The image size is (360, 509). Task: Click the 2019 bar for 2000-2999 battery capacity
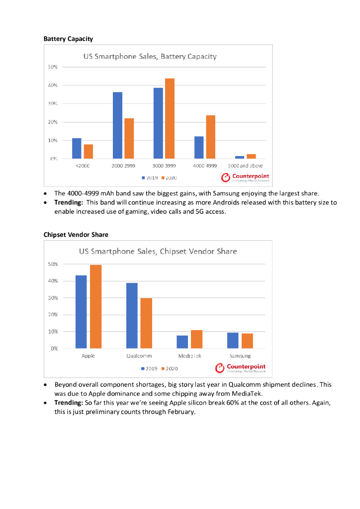point(117,125)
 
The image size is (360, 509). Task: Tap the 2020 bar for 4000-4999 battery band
point(210,137)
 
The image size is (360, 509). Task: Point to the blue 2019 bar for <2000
point(77,148)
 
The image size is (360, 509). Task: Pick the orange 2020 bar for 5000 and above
point(251,157)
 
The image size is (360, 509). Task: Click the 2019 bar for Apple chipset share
point(81,312)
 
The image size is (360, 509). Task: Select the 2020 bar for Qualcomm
point(146,323)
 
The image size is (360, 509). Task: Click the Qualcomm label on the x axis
point(139,356)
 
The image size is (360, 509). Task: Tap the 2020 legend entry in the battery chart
point(169,177)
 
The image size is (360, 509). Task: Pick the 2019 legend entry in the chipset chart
point(150,368)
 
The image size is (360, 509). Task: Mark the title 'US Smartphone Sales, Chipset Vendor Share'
point(158,251)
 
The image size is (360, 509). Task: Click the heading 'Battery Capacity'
point(68,38)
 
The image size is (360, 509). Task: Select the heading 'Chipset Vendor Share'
point(76,234)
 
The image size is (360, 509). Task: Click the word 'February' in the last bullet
point(178,412)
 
